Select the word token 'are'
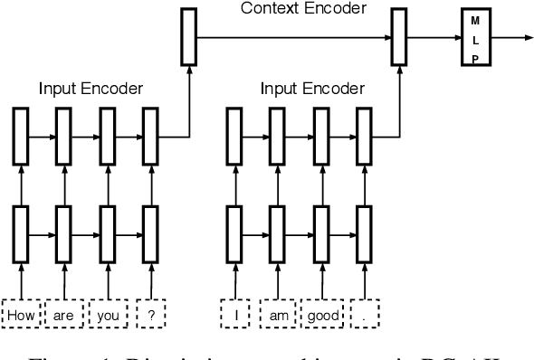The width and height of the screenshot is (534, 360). click(64, 316)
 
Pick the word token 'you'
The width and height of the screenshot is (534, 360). click(108, 316)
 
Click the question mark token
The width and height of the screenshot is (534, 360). click(150, 316)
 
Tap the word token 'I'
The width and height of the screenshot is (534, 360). click(235, 316)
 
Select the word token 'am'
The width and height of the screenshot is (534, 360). click(279, 316)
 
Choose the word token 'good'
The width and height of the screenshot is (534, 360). click(321, 316)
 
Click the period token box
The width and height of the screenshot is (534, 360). click(365, 316)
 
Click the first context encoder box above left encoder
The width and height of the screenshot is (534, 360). click(187, 37)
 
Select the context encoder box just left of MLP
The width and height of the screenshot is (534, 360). click(398, 37)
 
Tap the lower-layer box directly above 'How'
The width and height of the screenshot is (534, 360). click(20, 232)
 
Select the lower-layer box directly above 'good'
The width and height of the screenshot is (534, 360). click(321, 232)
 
